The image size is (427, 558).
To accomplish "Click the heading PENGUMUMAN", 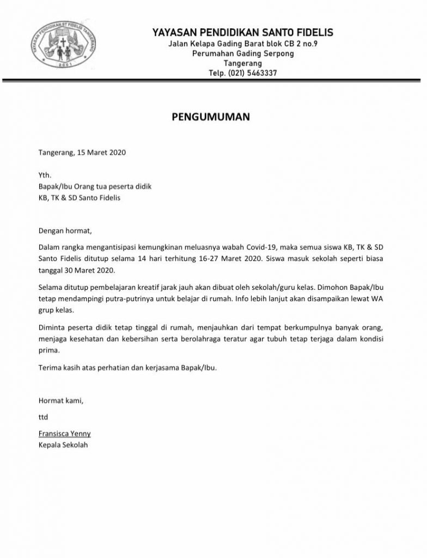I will click(x=210, y=117).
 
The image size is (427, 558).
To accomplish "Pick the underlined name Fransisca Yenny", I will click(x=64, y=434).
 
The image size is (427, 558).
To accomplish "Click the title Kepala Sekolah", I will click(x=63, y=445).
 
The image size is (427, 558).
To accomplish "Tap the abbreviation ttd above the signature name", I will click(x=43, y=417).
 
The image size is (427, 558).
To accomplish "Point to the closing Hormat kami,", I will click(x=60, y=401).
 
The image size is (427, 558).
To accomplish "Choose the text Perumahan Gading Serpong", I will click(x=236, y=53).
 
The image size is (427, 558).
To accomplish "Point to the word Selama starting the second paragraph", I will click(x=51, y=287).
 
